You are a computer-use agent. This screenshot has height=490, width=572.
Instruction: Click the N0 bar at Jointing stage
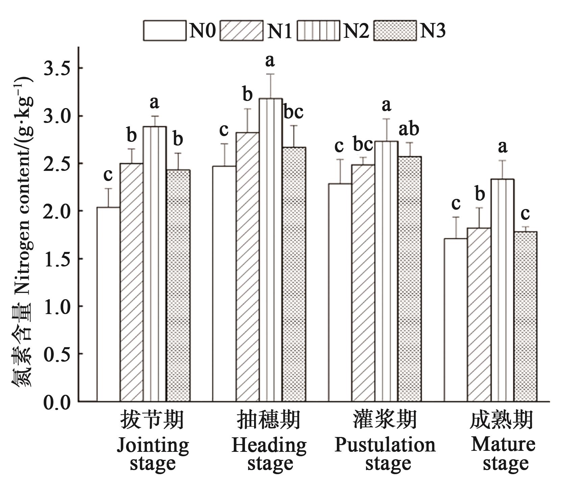point(108,304)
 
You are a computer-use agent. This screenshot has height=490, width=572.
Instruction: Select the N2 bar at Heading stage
point(271,250)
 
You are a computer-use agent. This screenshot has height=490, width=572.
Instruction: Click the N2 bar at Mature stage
point(502,290)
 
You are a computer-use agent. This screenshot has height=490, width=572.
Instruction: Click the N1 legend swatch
point(241,31)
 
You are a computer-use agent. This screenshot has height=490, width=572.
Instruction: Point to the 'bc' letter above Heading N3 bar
point(293,112)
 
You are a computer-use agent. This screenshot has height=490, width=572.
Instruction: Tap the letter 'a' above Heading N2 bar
point(270,61)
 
